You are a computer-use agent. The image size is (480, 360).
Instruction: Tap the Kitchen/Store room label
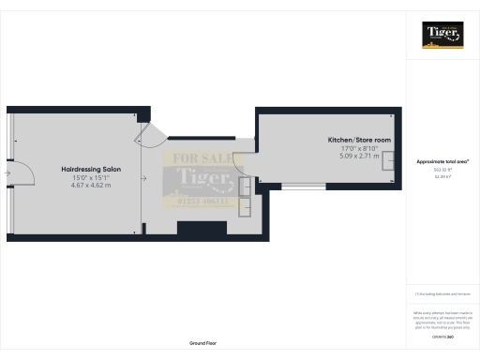tap(352, 140)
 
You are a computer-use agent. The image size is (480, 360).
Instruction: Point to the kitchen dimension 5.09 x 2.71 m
tap(352, 157)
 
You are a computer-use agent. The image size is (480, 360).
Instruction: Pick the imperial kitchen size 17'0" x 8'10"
tap(352, 148)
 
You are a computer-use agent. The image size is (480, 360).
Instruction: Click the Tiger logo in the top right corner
tap(442, 36)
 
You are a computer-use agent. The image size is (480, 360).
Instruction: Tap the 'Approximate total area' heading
tap(442, 161)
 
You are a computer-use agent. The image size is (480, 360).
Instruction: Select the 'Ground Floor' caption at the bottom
tap(203, 344)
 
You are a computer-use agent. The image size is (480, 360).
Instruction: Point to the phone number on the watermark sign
tap(199, 199)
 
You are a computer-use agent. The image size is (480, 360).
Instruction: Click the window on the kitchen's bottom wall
tap(305, 187)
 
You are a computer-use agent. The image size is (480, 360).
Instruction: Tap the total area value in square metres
tap(442, 175)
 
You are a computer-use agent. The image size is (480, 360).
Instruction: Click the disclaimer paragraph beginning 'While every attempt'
tap(442, 319)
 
